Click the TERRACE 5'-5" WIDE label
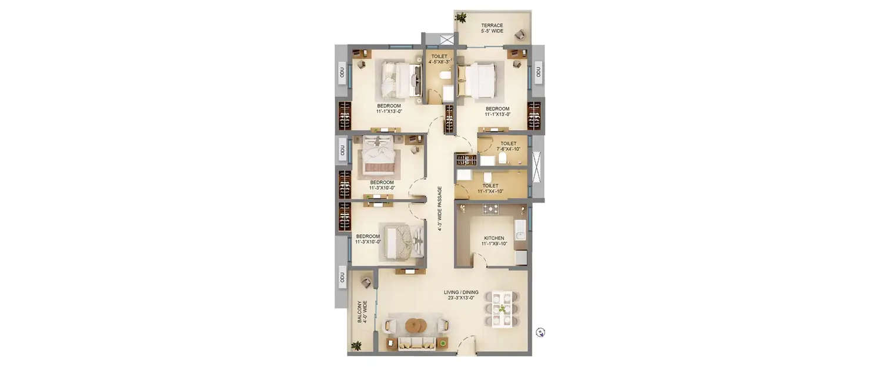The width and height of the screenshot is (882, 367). tap(492, 28)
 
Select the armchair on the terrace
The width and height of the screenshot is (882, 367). tap(520, 35)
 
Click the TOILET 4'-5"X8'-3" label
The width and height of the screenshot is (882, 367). tap(439, 59)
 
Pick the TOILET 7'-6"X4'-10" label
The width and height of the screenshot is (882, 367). tap(508, 146)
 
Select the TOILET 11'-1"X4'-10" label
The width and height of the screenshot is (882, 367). tap(490, 188)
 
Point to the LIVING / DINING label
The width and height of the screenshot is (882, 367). tap(461, 295)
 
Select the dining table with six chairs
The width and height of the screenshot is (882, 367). tap(502, 308)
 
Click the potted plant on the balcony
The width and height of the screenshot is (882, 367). tap(355, 345)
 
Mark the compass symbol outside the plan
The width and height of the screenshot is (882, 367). tap(540, 332)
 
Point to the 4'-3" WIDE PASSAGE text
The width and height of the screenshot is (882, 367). tap(440, 209)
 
